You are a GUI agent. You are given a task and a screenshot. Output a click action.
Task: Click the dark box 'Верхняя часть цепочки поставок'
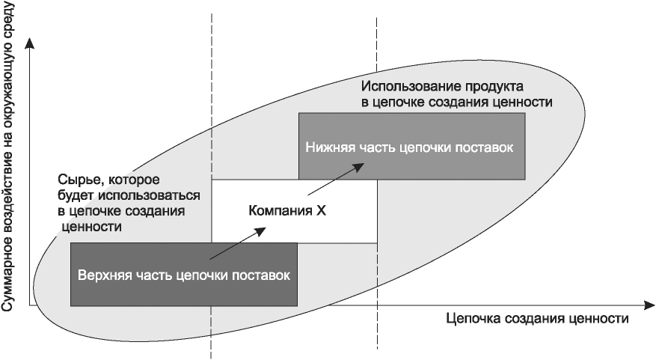coord(183,274)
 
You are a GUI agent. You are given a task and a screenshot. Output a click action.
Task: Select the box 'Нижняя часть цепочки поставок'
coord(410,146)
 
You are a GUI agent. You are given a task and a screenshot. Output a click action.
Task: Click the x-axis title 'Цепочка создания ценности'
coord(536,318)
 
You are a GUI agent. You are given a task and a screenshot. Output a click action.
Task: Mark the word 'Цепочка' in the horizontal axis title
coord(469,318)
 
